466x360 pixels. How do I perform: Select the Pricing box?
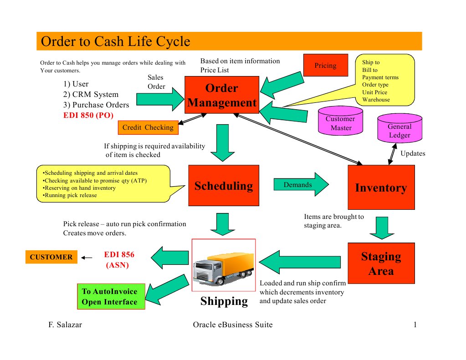pos(325,66)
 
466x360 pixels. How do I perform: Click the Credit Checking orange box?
pos(148,127)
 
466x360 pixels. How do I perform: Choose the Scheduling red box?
pos(223,186)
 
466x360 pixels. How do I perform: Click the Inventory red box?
pos(381,188)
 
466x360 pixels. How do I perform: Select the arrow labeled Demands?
pos(301,184)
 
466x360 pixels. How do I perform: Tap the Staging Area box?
pos(381,263)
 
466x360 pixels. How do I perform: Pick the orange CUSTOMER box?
pos(51,257)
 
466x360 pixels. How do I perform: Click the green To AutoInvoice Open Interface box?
pos(109,297)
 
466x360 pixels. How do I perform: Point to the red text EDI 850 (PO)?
pos(88,115)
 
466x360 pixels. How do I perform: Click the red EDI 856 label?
pos(119,255)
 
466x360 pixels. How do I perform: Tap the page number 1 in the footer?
pos(415,325)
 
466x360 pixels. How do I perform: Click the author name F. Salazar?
pos(65,325)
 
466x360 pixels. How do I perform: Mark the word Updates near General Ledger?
pos(413,153)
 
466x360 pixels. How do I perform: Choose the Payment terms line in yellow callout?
pos(380,77)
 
